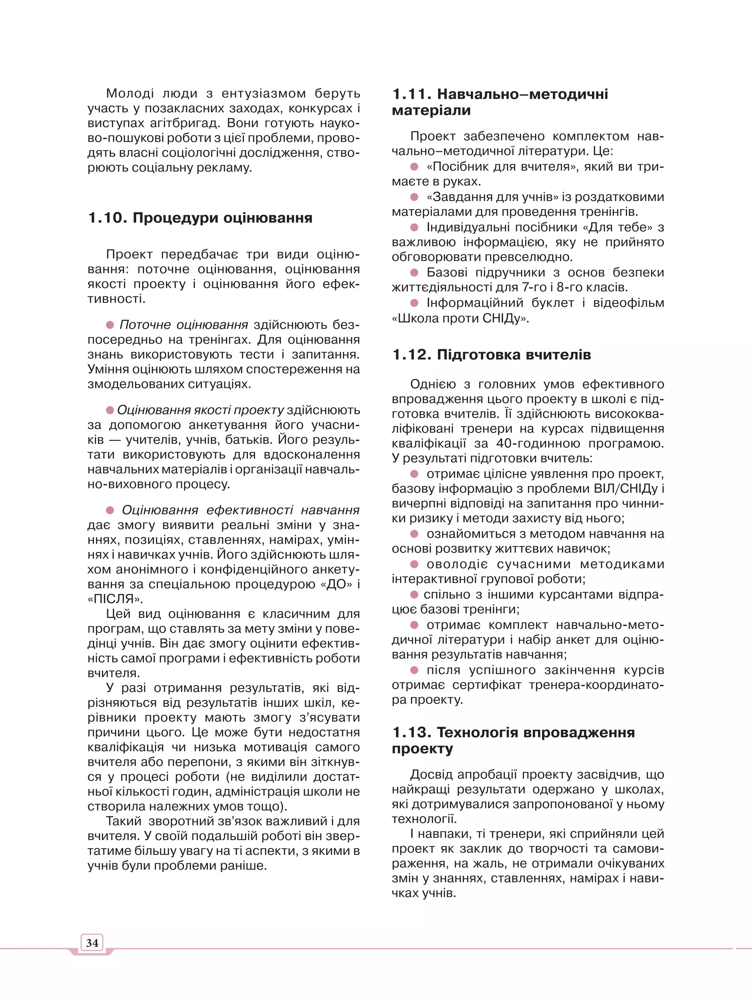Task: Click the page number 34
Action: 92,943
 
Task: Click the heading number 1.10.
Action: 108,218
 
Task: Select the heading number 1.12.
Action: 412,354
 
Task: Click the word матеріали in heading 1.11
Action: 431,110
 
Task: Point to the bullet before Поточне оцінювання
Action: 110,325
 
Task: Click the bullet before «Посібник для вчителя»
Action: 414,167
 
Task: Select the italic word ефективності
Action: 249,510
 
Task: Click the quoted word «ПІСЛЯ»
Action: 115,599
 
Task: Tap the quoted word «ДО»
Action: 339,584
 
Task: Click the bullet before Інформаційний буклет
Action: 414,303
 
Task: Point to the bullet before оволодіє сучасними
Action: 414,564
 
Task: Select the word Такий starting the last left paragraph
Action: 123,821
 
